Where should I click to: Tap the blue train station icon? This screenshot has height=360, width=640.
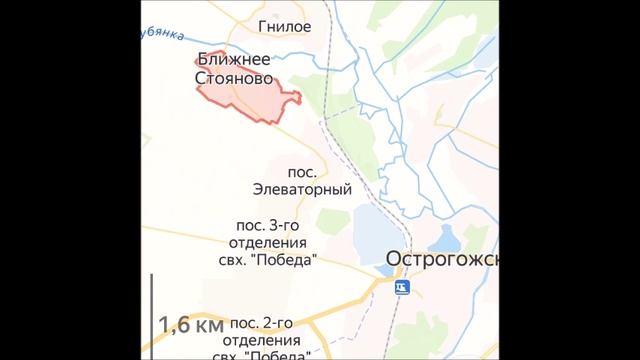(401, 288)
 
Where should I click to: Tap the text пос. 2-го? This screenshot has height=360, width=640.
(260, 322)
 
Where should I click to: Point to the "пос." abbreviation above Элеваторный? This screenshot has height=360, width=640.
(301, 171)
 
